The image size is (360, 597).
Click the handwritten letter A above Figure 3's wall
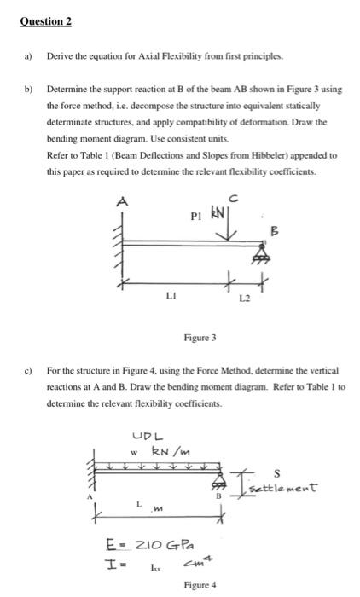pos(122,201)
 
